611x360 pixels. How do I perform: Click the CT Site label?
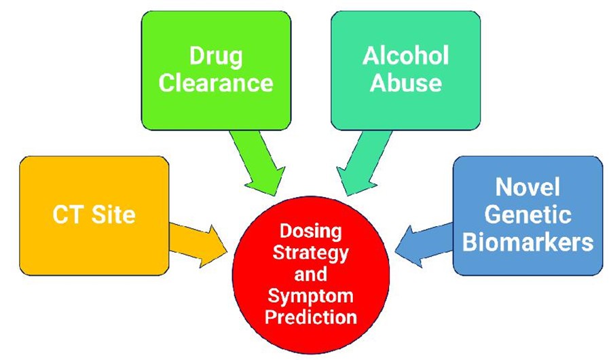click(x=94, y=215)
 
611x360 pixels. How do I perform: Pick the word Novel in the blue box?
click(x=527, y=187)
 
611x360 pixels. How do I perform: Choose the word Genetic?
click(x=527, y=214)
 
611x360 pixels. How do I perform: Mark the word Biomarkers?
click(x=527, y=241)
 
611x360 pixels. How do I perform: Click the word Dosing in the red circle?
click(x=311, y=231)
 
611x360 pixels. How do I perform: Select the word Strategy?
click(x=311, y=253)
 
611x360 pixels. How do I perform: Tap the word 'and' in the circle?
click(x=311, y=274)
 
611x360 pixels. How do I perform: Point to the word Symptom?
click(x=311, y=295)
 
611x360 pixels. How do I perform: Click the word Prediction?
click(x=311, y=317)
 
